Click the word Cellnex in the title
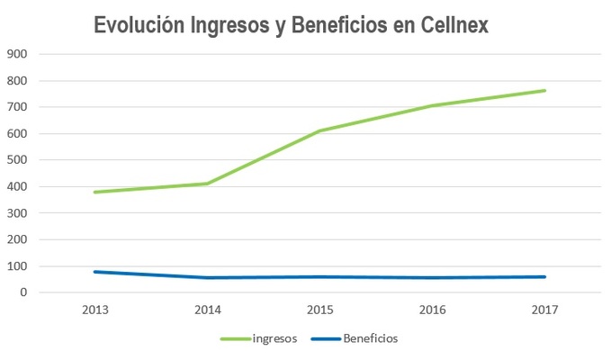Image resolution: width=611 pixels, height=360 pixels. pyautogui.click(x=454, y=26)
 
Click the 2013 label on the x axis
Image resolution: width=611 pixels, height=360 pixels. pyautogui.click(x=95, y=310)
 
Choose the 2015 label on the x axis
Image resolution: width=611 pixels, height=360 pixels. pyautogui.click(x=320, y=310)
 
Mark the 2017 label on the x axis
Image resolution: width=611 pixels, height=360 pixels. pyautogui.click(x=544, y=310)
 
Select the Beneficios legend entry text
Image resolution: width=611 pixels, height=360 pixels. pyautogui.click(x=370, y=339)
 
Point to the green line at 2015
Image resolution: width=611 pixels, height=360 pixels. pyautogui.click(x=320, y=130)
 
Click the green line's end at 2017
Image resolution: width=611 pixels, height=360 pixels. pyautogui.click(x=544, y=90)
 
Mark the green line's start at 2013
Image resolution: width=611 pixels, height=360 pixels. pyautogui.click(x=95, y=192)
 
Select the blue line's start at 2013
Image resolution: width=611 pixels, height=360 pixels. pyautogui.click(x=95, y=272)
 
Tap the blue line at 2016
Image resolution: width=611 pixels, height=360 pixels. pyautogui.click(x=433, y=277)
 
